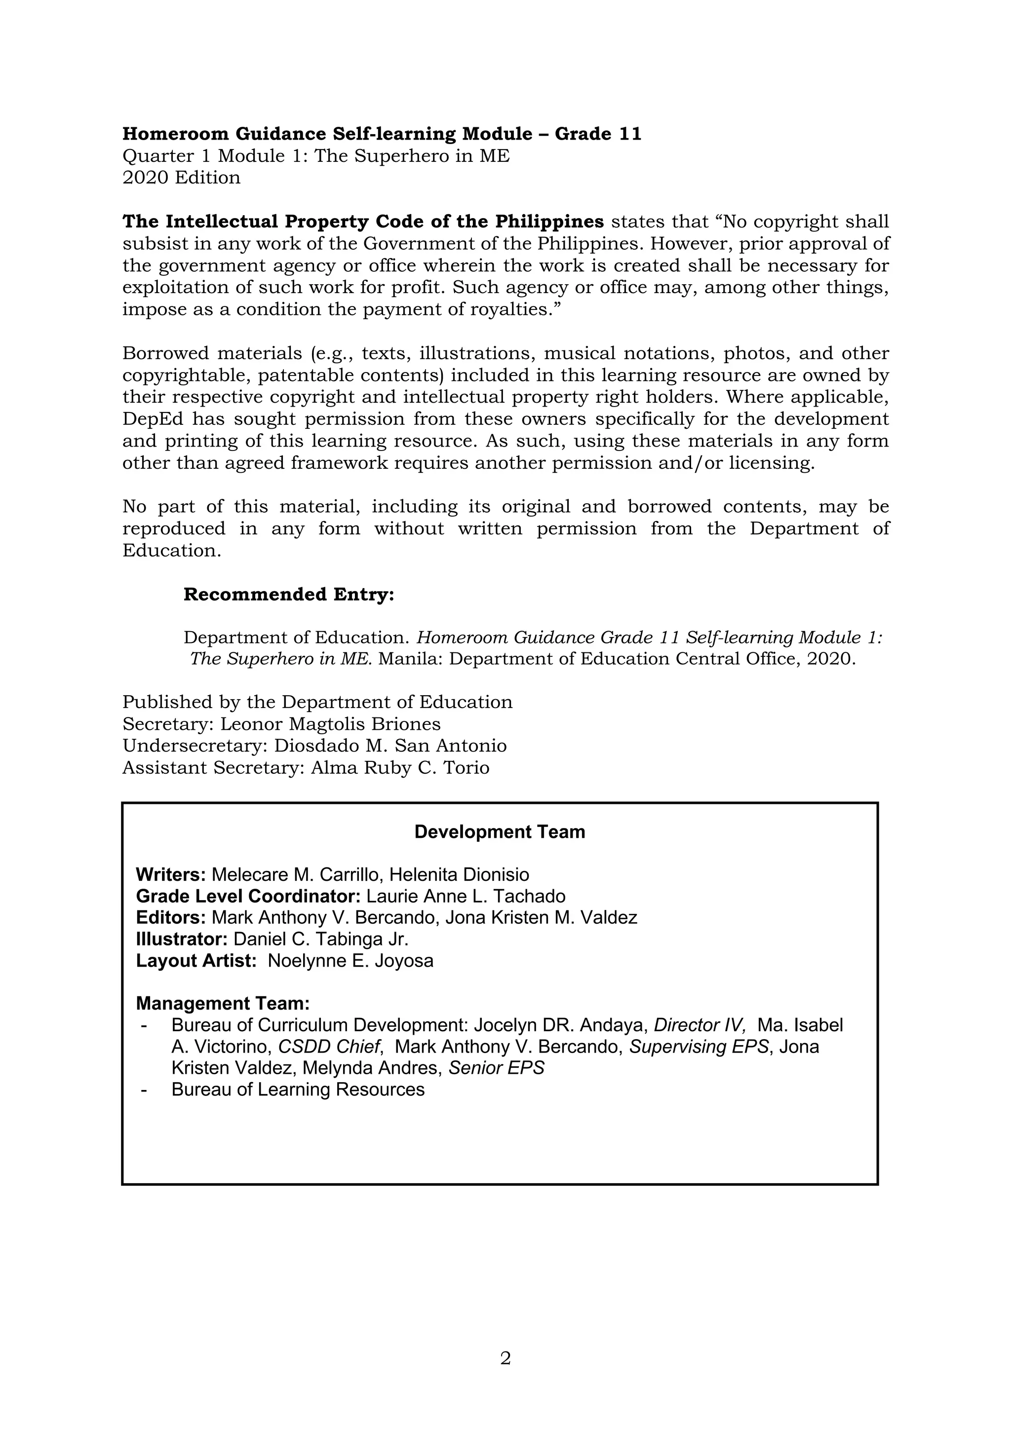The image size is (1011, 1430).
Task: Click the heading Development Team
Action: pyautogui.click(x=500, y=832)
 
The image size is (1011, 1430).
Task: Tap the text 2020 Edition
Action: pyautogui.click(x=181, y=178)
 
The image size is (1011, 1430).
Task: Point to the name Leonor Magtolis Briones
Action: pyautogui.click(x=330, y=724)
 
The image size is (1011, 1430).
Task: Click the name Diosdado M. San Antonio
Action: pyautogui.click(x=390, y=746)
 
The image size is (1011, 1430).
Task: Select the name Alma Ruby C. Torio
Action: pyautogui.click(x=400, y=767)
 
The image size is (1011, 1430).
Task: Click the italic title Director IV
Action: pyautogui.click(x=699, y=1025)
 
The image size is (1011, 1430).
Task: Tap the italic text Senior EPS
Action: pyautogui.click(x=497, y=1068)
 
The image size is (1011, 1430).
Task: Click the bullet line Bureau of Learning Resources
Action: pyautogui.click(x=298, y=1090)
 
